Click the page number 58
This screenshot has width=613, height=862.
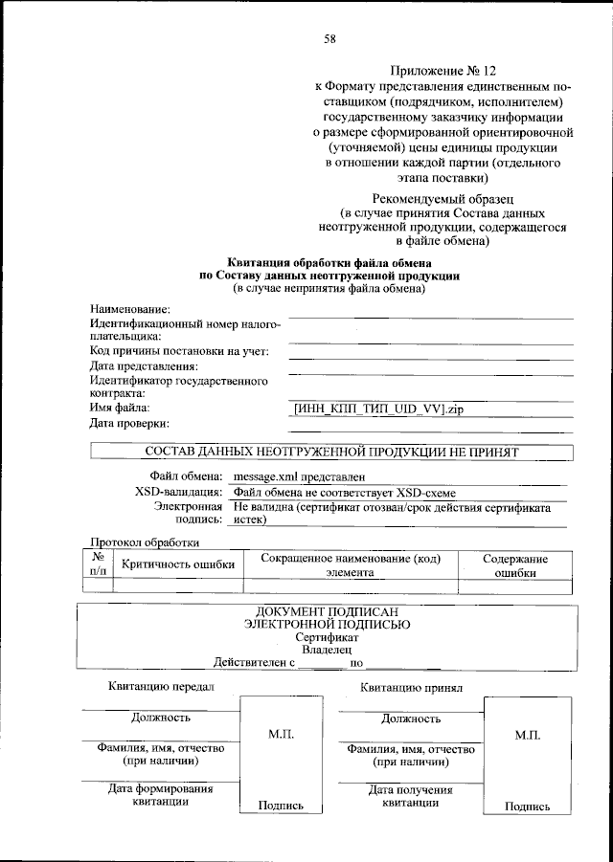(329, 38)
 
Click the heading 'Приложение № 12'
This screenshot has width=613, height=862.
(444, 71)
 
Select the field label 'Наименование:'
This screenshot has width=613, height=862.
(130, 308)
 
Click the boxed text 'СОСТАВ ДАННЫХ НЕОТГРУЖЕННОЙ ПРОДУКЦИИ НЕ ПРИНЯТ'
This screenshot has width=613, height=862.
(330, 450)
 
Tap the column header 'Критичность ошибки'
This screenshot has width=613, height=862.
(177, 564)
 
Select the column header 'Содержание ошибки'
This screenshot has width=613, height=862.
(514, 564)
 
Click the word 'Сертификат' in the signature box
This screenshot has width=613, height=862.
(328, 636)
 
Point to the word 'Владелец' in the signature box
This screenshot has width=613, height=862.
(328, 649)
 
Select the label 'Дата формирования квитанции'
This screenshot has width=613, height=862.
(160, 796)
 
